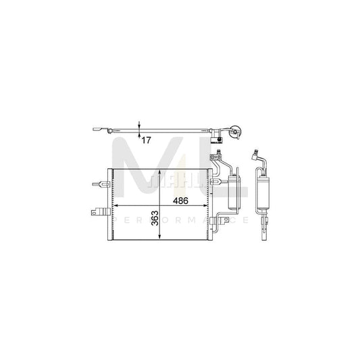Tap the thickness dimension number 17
(x=145, y=139)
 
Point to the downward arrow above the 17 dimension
(x=138, y=125)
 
